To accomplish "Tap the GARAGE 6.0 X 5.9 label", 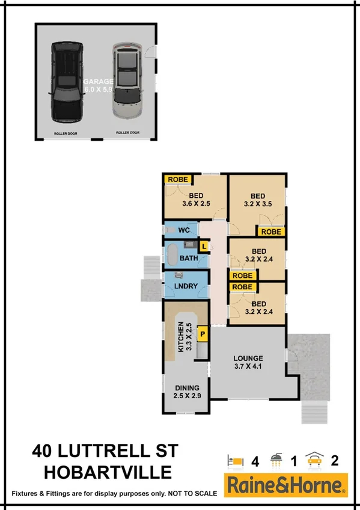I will point(98,85).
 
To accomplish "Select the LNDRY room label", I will point(187,287).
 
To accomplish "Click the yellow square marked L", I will point(204,246).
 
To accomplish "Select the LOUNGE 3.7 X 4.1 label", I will point(249,362).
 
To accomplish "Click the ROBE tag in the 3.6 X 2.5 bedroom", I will point(177,179).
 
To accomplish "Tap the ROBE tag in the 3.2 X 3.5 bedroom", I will point(271,231).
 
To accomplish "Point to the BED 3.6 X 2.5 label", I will point(196,200).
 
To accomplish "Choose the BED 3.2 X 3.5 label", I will point(258,200).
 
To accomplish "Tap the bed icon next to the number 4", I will point(236,461).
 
